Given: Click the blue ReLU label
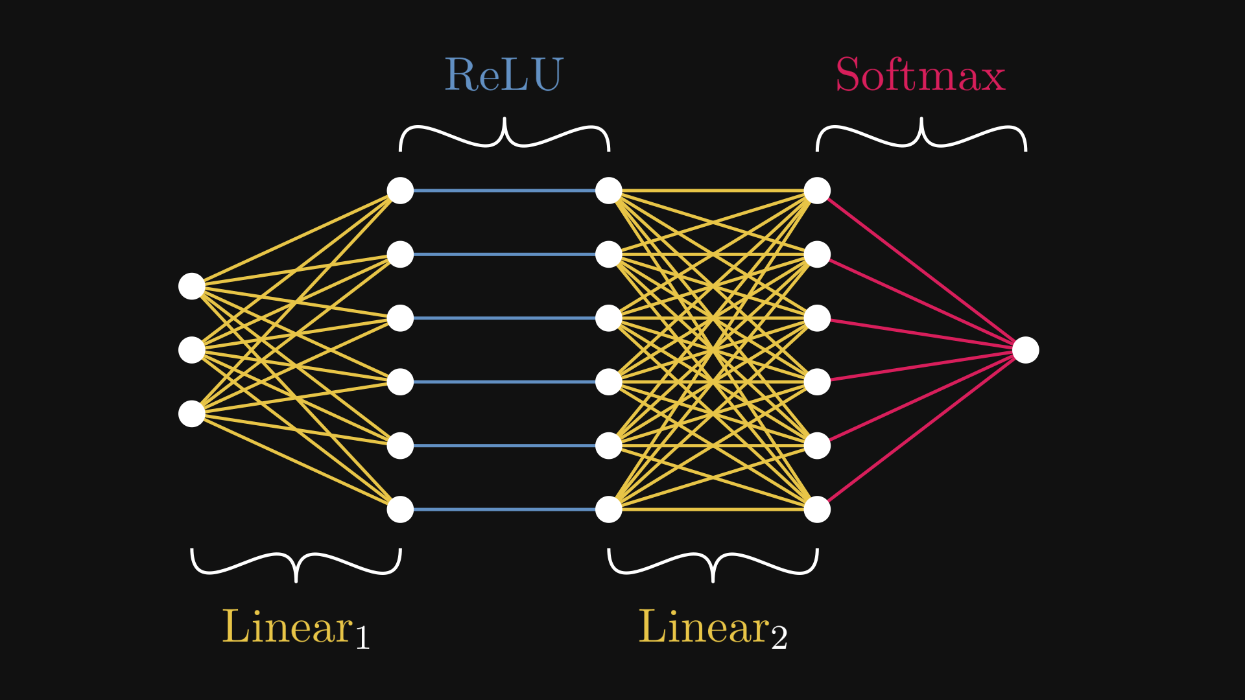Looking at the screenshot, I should coord(504,75).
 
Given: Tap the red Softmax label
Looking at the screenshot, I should coord(919,75).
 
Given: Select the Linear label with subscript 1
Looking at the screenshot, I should coord(296,627).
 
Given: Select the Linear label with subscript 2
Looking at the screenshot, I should coord(712,627).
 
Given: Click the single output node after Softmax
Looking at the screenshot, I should coord(1025,350).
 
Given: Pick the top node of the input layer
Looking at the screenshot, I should coord(192,286).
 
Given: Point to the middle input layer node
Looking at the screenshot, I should coord(192,350).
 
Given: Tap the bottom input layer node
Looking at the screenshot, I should coord(192,414).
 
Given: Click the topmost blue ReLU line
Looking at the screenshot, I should coord(504,191).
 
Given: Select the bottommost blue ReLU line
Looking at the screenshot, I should coord(504,509).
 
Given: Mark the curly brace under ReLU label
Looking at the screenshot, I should coord(504,135).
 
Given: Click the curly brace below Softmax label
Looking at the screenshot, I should coord(921,135).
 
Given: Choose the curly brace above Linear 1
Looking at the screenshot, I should coord(296,564).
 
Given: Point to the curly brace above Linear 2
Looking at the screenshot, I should coord(713,564).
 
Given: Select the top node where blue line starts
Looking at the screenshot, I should coord(400,191).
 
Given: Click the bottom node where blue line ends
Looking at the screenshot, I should coord(608,509).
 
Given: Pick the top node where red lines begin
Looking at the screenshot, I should coord(817,191).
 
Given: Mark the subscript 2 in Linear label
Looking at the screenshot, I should coord(779,638).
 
